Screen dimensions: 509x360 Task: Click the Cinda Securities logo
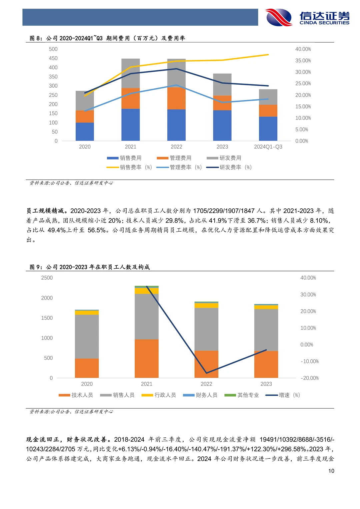click(307, 17)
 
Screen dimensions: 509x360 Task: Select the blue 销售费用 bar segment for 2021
click(130, 125)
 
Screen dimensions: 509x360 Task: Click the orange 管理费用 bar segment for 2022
click(176, 98)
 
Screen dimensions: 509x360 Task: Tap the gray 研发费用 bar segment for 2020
click(85, 101)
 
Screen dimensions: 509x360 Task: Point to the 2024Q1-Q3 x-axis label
click(268, 147)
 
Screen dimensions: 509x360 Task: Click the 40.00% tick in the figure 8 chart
click(303, 49)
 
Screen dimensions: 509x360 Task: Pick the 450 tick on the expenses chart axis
click(53, 58)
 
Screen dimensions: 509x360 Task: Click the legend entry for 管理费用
click(175, 158)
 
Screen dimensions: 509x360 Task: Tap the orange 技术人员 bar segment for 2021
click(147, 358)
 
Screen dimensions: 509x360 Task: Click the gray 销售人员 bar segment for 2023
click(266, 330)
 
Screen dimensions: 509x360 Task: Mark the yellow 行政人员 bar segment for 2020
click(87, 313)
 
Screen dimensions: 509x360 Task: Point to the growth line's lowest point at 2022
click(206, 373)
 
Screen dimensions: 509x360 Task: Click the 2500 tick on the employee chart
click(47, 278)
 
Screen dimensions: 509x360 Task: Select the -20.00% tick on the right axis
click(309, 378)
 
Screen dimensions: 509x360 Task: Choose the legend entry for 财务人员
click(200, 395)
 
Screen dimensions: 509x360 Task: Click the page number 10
click(331, 471)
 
